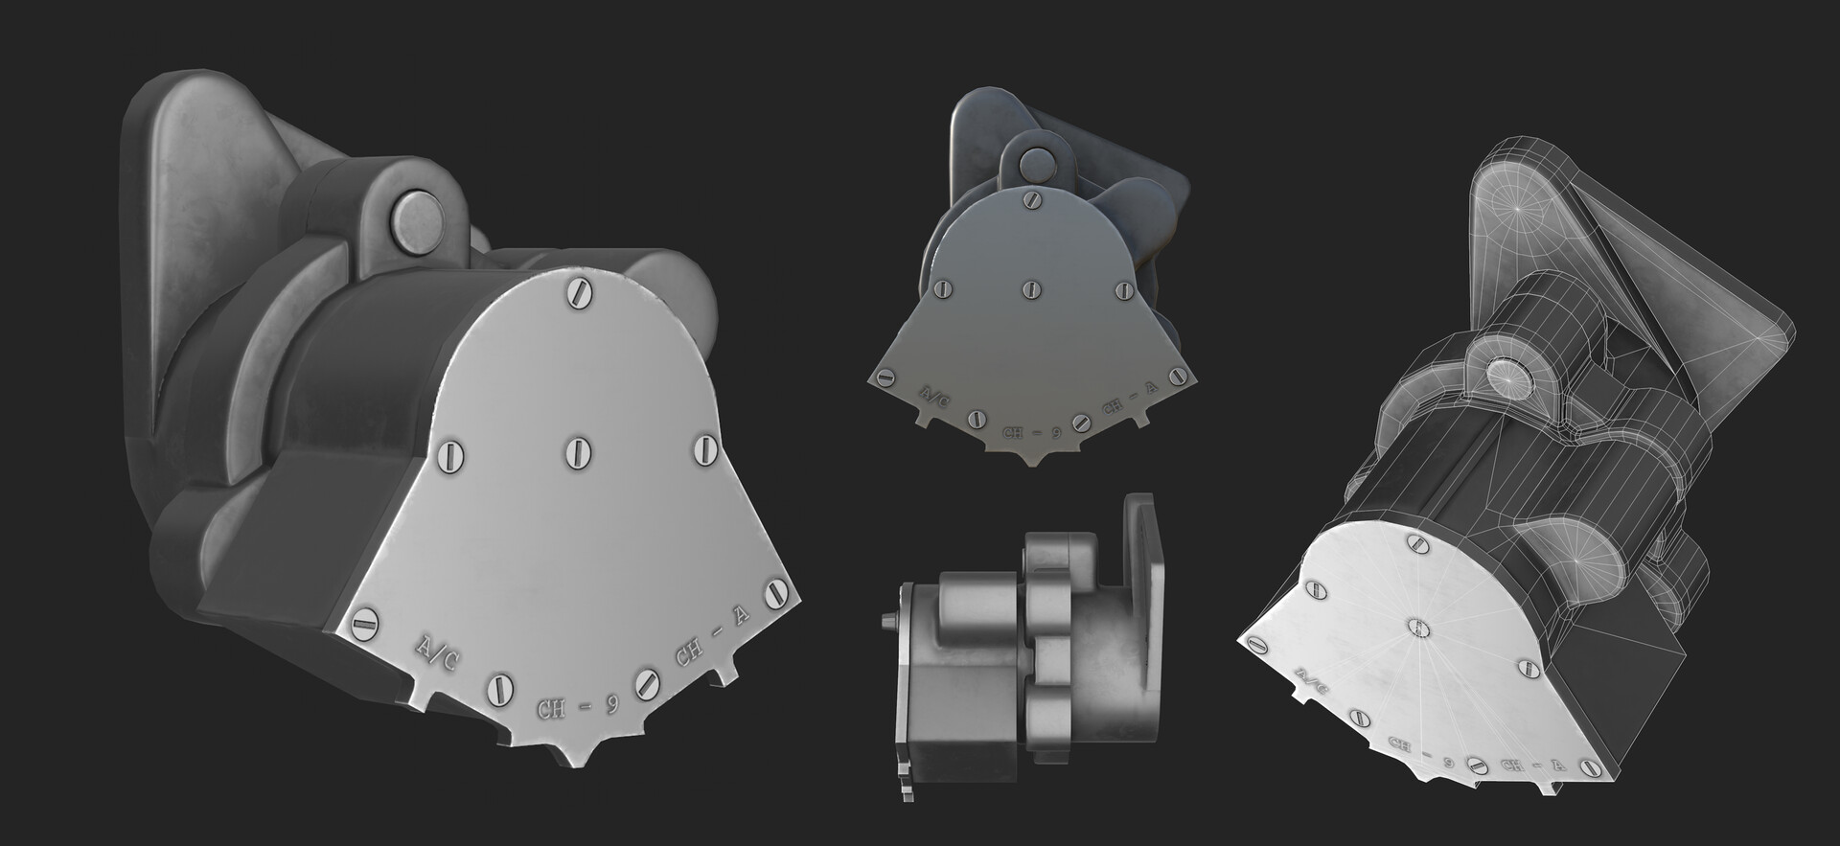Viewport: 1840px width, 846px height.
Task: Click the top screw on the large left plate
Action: [x=578, y=291]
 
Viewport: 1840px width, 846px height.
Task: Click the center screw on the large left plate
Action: [x=577, y=450]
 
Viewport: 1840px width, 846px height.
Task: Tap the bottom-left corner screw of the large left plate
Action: [x=362, y=623]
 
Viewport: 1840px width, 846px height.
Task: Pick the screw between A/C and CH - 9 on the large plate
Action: [x=499, y=686]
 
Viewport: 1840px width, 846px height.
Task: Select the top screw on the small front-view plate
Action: [x=1031, y=200]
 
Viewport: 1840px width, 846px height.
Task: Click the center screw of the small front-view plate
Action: [x=1031, y=287]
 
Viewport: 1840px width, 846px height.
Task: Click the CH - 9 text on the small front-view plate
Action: [x=1031, y=433]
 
